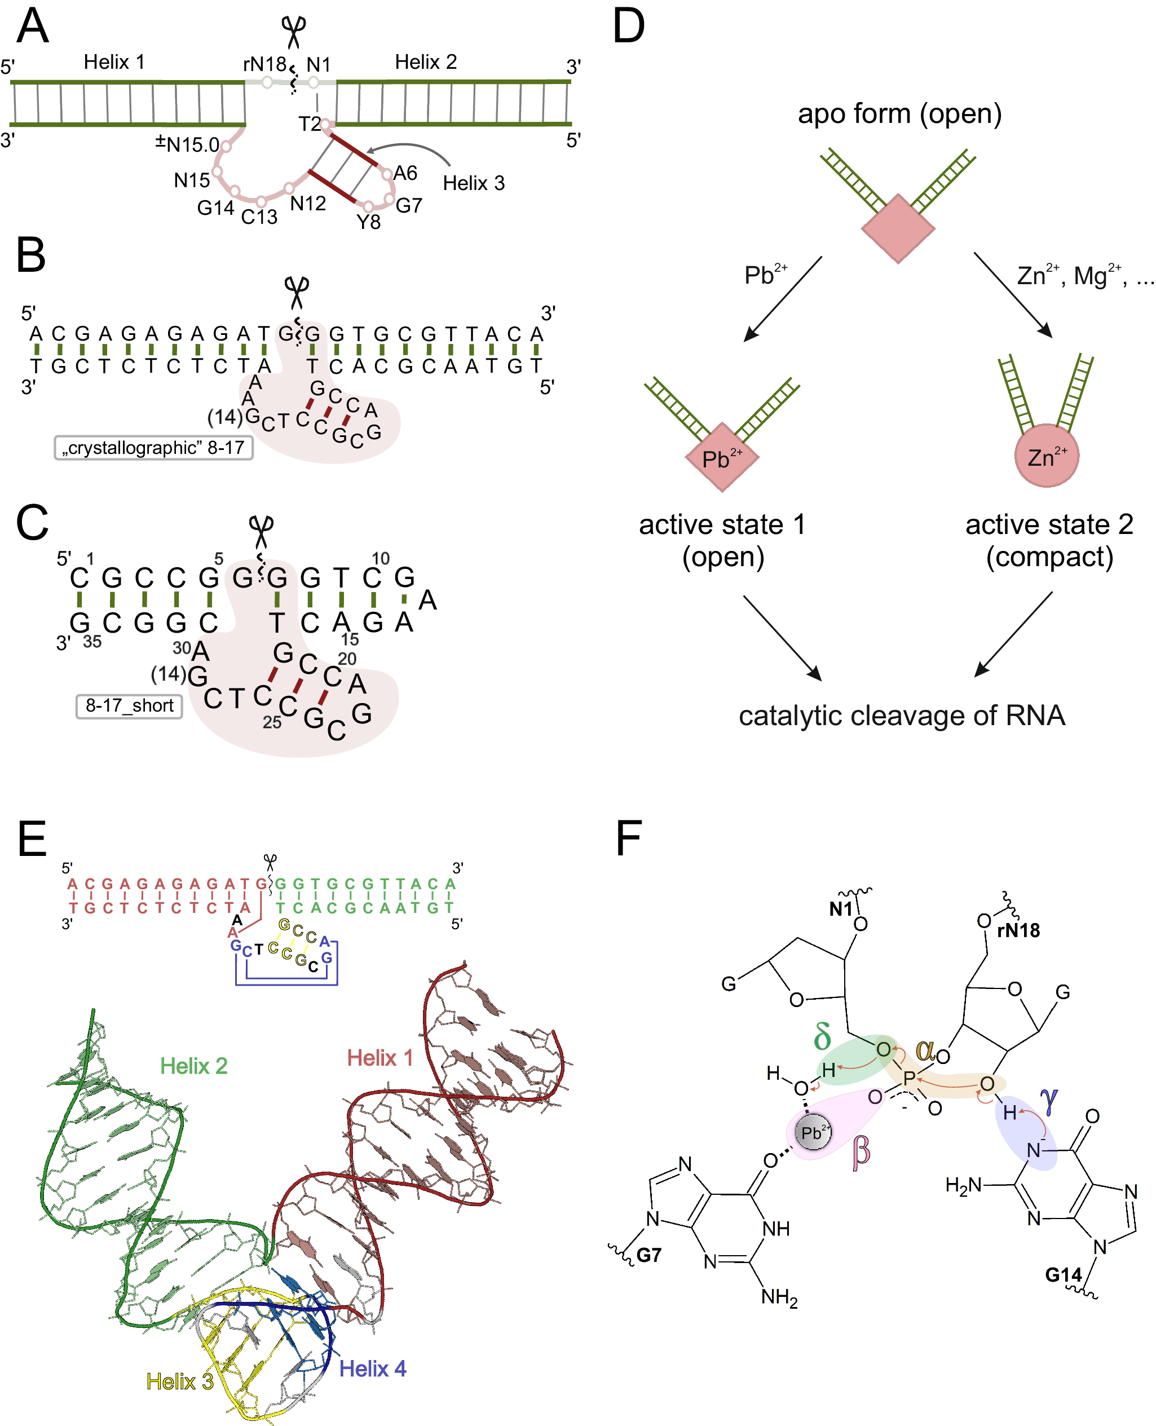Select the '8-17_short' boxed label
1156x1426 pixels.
click(x=129, y=706)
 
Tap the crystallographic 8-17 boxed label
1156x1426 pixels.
click(x=153, y=447)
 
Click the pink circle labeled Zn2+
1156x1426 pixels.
click(x=1046, y=456)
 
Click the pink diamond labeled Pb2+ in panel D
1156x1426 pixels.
click(x=722, y=457)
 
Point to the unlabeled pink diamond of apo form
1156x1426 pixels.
click(x=898, y=228)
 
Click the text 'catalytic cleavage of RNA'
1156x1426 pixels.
click(x=902, y=716)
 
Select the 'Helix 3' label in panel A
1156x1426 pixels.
click(x=474, y=183)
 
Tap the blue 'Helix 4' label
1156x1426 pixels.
click(x=372, y=1368)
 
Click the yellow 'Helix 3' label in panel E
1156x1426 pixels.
click(x=180, y=1381)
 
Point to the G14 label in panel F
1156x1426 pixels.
click(x=1063, y=1274)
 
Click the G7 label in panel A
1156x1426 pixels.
click(x=409, y=206)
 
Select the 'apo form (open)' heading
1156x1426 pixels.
click(x=899, y=114)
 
